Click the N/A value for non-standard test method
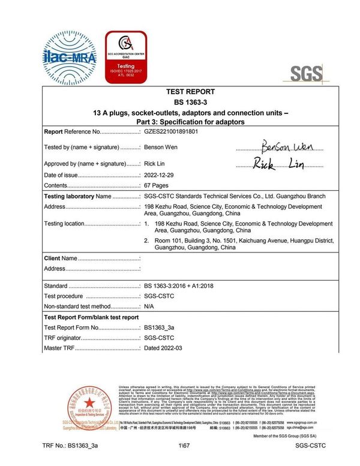[x=149, y=306]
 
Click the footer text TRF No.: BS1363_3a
[x=70, y=447]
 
